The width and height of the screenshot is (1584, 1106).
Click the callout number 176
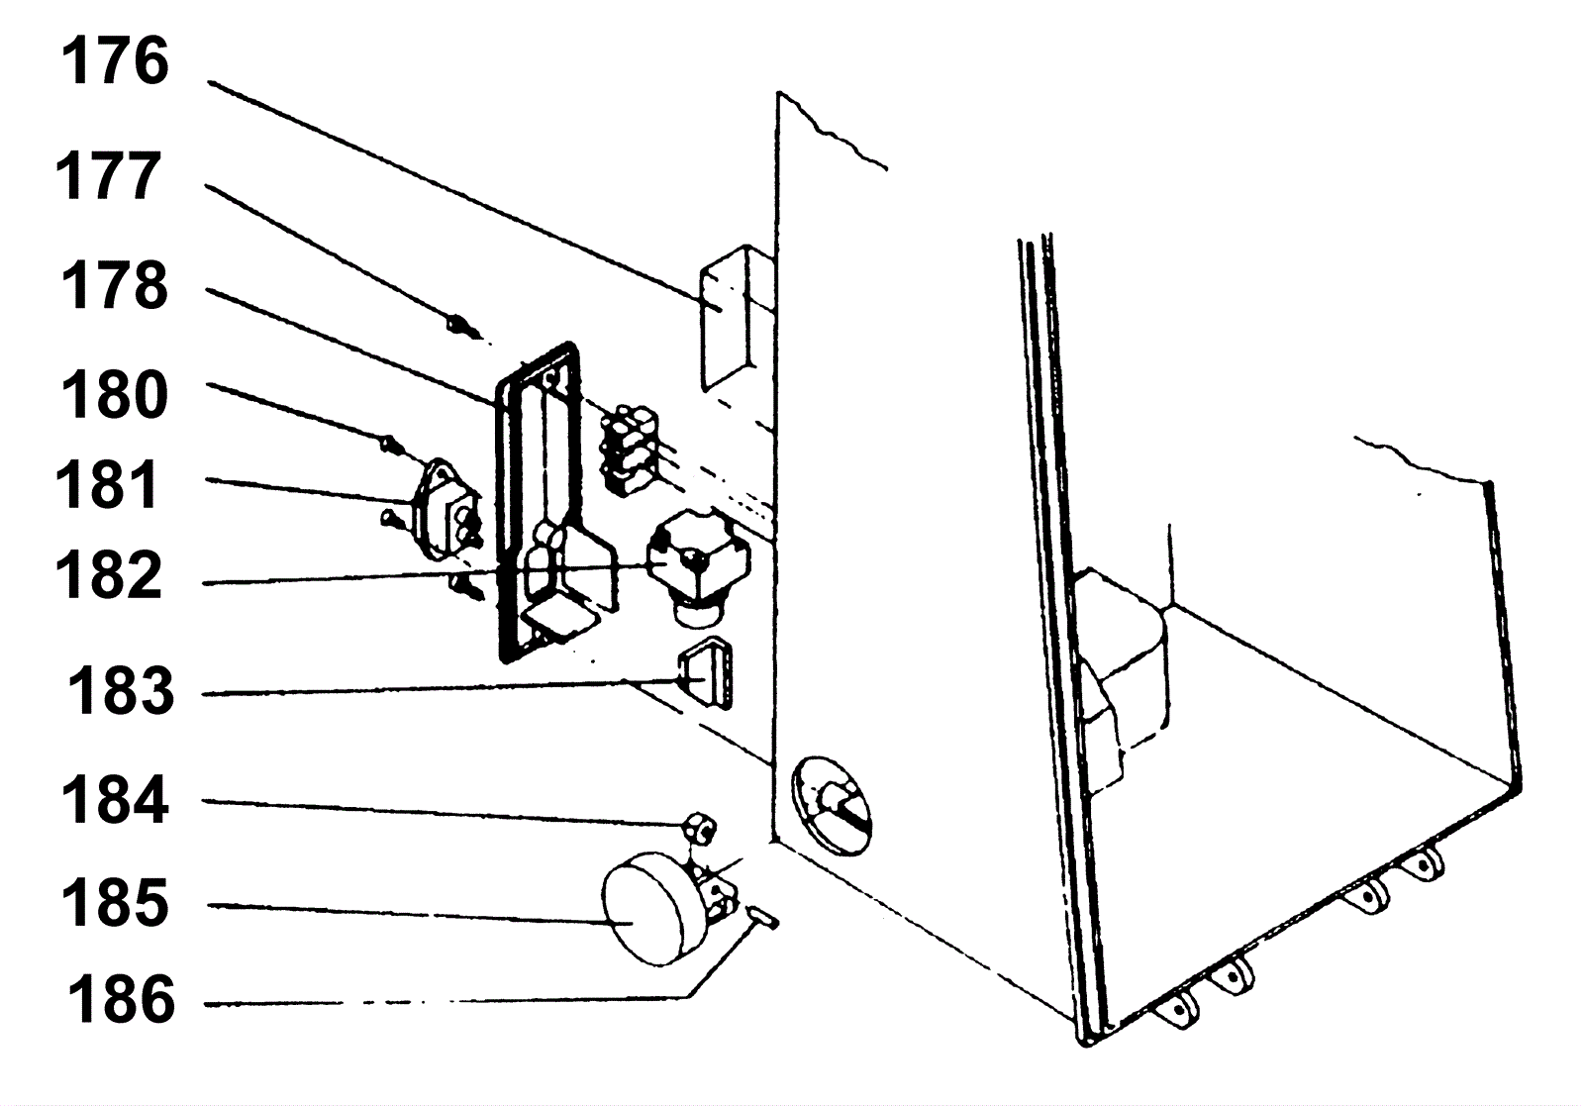tap(115, 62)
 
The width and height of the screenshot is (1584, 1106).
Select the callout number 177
tap(108, 177)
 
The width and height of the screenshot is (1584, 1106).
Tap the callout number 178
tap(115, 286)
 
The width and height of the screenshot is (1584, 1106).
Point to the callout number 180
tap(115, 395)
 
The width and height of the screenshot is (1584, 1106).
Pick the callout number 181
tap(108, 484)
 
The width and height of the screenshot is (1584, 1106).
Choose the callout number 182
tap(108, 575)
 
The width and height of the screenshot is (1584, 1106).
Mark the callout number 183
tap(120, 691)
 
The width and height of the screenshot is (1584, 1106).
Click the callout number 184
tap(115, 800)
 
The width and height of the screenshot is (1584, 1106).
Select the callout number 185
tap(115, 903)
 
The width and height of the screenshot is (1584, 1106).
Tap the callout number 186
tap(121, 999)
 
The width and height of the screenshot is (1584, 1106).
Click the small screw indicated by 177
tap(463, 328)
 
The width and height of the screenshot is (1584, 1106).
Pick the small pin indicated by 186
tap(761, 917)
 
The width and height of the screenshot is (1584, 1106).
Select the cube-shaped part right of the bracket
tap(697, 564)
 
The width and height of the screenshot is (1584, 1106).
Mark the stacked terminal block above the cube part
tap(631, 451)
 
